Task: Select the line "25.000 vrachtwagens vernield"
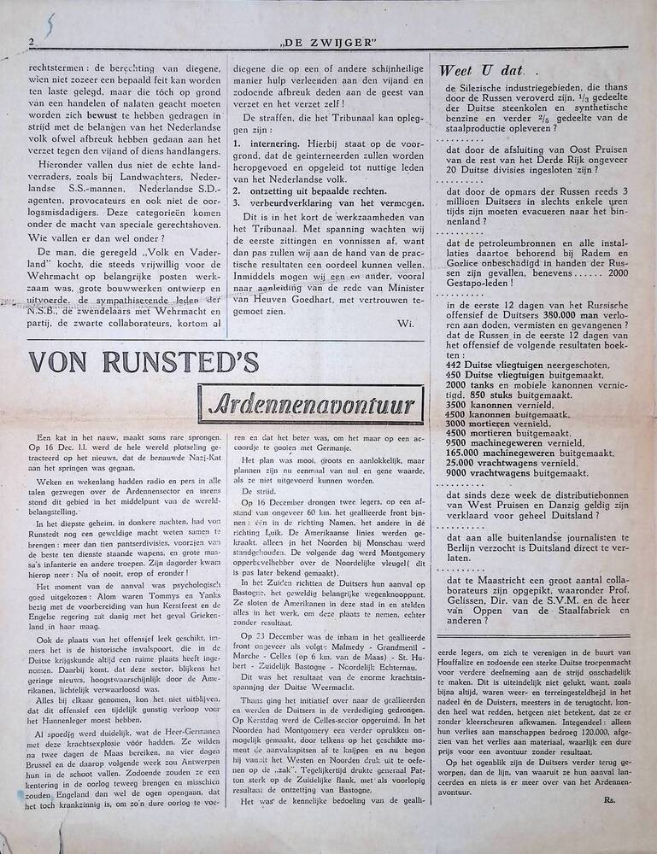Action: tap(499, 462)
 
